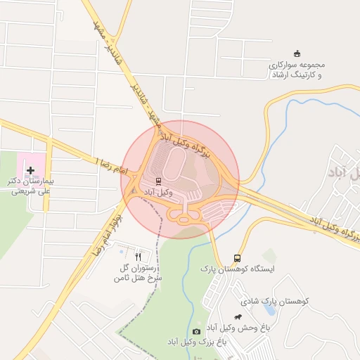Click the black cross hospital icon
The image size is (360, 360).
click(30, 170)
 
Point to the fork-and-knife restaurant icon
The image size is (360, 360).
click(138, 257)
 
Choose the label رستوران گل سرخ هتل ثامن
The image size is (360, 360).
click(139, 273)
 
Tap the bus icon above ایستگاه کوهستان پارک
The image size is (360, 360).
click(237, 258)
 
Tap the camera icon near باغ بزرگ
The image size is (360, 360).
click(196, 331)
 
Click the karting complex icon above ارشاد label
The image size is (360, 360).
click(297, 53)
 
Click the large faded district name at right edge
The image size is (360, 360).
click(345, 171)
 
